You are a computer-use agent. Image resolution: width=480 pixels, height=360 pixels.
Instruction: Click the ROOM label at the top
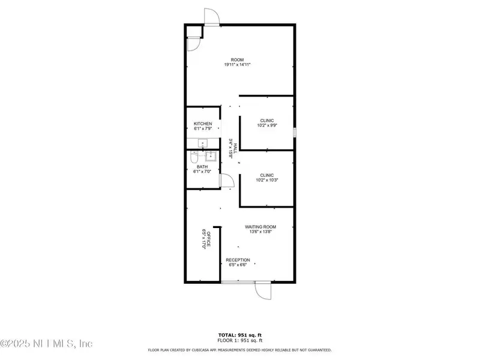[x=237, y=59]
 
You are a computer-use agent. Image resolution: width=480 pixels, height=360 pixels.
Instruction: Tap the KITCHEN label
[x=203, y=124]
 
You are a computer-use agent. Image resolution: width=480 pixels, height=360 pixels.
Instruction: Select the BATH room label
[x=202, y=167]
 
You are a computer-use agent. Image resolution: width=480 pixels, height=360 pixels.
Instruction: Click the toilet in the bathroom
[x=194, y=157]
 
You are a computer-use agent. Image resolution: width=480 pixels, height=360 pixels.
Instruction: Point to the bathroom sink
[x=211, y=156]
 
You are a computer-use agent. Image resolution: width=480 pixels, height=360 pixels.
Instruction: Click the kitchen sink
[x=203, y=143]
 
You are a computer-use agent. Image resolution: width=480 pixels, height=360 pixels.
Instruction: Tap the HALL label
[x=235, y=148]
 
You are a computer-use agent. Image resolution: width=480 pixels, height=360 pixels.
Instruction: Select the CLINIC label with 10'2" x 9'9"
[x=267, y=121]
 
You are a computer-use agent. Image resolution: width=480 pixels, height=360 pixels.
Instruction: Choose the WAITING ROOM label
[x=260, y=227]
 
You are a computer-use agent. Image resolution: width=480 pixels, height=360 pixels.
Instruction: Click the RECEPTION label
[x=238, y=260]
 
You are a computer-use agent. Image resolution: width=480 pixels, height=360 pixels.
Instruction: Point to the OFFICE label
[x=208, y=239]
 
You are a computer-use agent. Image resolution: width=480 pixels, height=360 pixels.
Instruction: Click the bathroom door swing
[x=227, y=181]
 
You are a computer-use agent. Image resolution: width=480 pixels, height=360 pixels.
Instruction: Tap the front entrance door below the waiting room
[x=263, y=290]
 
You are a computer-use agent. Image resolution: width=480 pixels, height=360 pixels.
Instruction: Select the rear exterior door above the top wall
[x=212, y=17]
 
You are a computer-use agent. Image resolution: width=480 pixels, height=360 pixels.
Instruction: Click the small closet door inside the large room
[x=193, y=44]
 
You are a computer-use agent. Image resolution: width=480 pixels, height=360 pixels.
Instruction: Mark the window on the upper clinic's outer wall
[x=295, y=132]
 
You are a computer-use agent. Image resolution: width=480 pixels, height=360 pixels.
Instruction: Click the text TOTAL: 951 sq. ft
[x=240, y=335]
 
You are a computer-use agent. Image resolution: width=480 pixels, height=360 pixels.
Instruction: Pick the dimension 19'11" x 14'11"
[x=238, y=65]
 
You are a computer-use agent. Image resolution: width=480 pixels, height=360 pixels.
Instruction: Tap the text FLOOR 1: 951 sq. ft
[x=240, y=340]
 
